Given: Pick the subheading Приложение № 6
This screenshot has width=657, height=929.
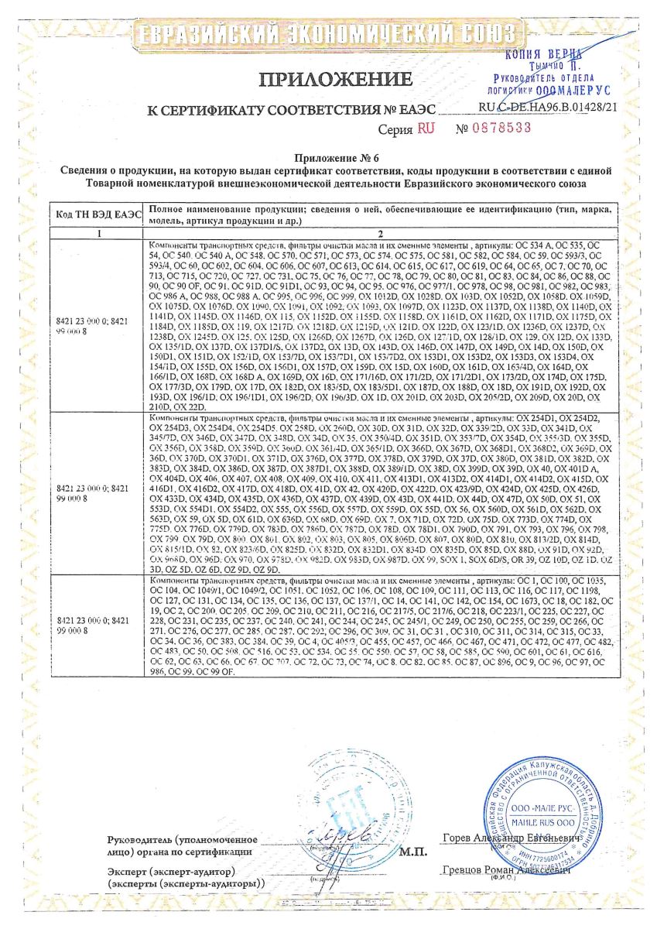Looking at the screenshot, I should (327, 156).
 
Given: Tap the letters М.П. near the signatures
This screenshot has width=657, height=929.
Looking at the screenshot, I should (415, 852).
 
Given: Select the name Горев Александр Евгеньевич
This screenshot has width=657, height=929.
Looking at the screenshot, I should (512, 838).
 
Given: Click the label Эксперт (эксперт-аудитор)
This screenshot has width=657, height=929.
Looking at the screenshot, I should (173, 871).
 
